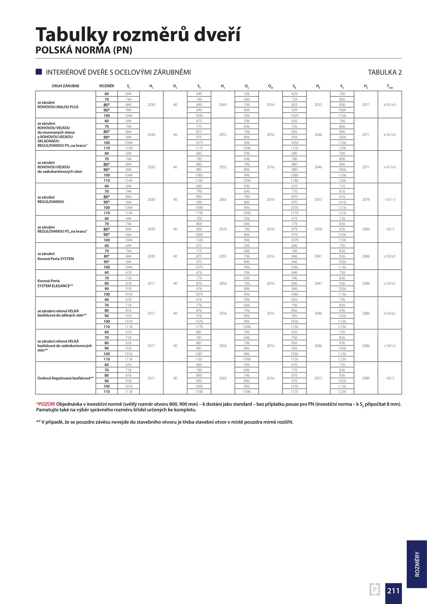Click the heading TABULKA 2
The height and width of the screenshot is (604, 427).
click(384, 72)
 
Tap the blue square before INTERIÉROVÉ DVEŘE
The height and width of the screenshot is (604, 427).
click(39, 72)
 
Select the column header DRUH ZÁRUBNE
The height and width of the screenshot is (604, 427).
click(65, 86)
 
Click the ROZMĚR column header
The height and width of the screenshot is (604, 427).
click(107, 86)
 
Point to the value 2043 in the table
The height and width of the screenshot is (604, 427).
click(223, 105)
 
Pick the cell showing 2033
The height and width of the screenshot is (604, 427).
click(318, 105)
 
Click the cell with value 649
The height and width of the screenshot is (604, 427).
click(199, 94)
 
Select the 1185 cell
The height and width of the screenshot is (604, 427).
click(199, 181)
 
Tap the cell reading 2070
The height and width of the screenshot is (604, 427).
click(223, 229)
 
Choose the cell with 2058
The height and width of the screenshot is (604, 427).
click(318, 229)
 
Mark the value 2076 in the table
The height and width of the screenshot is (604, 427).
click(366, 200)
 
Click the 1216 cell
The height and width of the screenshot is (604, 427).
click(342, 213)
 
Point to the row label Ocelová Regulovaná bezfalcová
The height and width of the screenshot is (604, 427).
click(65, 378)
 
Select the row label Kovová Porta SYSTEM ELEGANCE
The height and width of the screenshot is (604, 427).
click(55, 284)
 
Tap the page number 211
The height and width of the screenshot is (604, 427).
click(393, 591)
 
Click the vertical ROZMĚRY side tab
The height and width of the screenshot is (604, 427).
click(417, 564)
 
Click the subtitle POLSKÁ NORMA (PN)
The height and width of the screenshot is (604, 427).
click(84, 50)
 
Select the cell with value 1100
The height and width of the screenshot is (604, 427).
click(199, 240)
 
